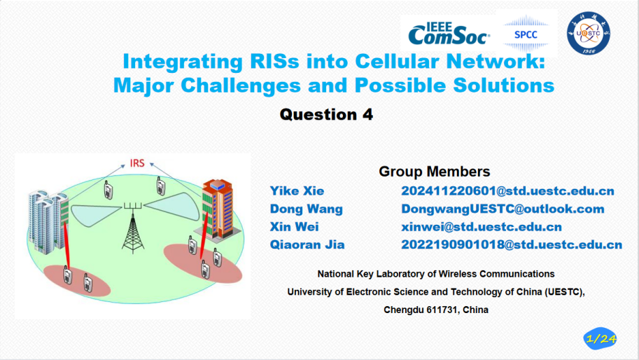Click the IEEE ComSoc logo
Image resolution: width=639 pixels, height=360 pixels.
(449, 34)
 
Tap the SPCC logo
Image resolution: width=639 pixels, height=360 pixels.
(526, 34)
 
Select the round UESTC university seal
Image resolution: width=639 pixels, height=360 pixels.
(588, 33)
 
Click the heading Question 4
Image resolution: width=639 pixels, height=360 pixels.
(326, 115)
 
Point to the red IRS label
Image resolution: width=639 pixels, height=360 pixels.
(137, 163)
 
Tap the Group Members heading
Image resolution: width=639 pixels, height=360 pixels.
(435, 171)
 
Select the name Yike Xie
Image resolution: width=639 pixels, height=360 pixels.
(297, 191)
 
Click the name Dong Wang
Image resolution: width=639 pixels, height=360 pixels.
(306, 209)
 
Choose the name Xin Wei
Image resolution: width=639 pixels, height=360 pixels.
(294, 227)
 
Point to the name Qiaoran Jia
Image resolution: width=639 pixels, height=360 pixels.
(307, 244)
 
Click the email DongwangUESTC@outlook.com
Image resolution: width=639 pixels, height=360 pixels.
(503, 209)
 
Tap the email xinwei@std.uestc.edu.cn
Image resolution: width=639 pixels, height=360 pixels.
(482, 227)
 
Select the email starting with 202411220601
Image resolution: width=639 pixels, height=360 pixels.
(508, 191)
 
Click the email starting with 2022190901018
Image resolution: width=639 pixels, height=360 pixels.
(512, 244)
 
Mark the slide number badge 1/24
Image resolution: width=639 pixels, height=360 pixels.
(601, 339)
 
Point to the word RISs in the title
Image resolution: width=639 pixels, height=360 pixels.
(274, 62)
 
